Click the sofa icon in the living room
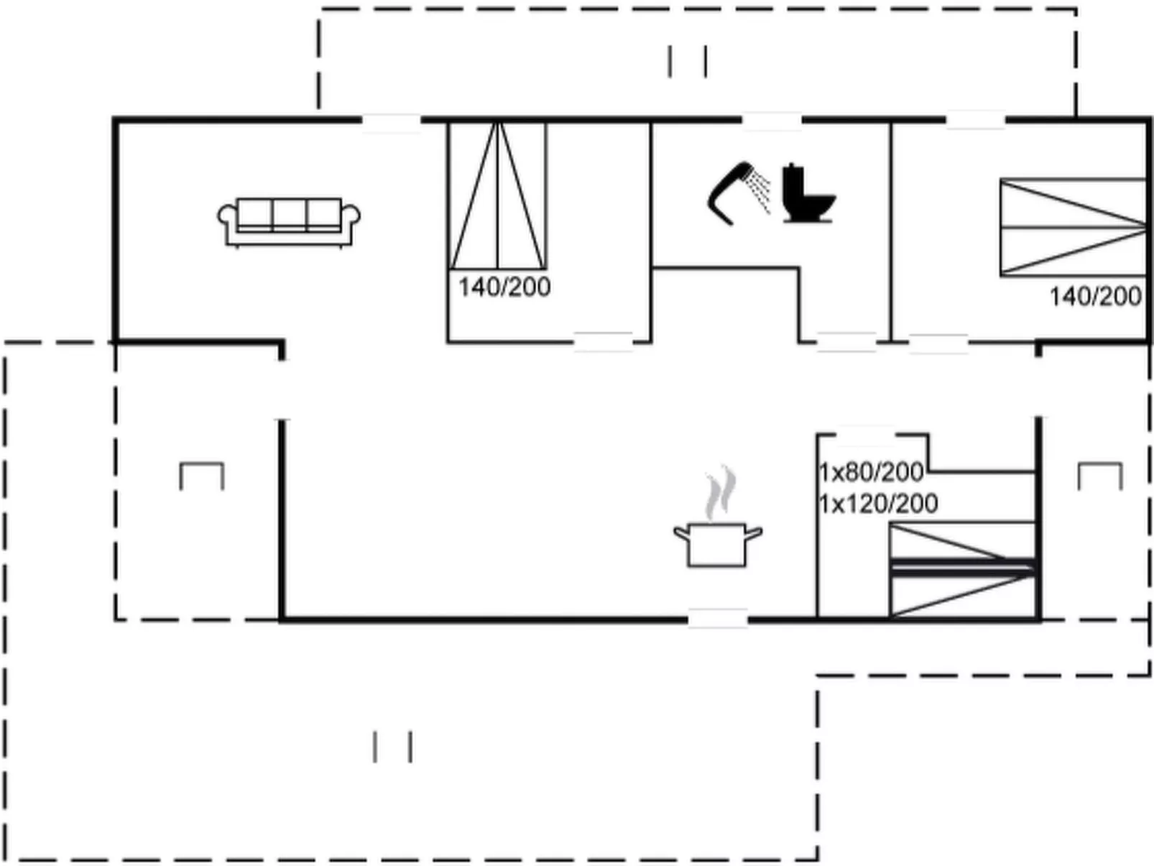[x=288, y=221]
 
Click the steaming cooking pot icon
[x=717, y=543]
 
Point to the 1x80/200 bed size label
[x=871, y=472]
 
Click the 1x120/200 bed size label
[x=878, y=504]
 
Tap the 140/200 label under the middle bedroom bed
[x=504, y=287]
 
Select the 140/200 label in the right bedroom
[x=1095, y=296]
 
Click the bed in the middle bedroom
[x=497, y=195]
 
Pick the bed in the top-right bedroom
[x=1072, y=227]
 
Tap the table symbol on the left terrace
[x=201, y=475]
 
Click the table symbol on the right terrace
[x=1100, y=475]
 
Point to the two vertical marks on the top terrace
[x=687, y=61]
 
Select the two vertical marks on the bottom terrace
[x=392, y=747]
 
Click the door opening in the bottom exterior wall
[x=717, y=618]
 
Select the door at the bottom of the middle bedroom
[x=603, y=341]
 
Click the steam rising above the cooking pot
[x=721, y=492]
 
